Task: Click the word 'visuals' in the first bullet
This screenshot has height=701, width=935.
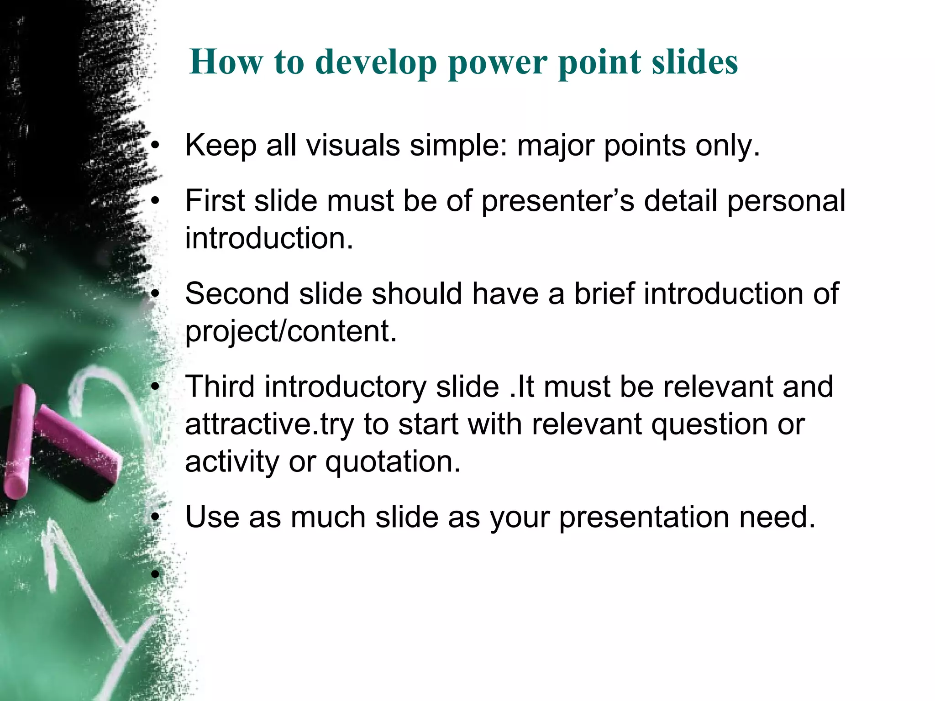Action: tap(353, 146)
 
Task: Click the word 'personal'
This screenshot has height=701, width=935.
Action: tap(786, 201)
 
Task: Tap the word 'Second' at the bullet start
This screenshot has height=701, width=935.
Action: tap(237, 293)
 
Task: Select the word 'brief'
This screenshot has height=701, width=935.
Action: tap(604, 293)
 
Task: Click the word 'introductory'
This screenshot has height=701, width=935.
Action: tap(345, 387)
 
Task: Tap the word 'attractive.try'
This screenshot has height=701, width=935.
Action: tap(269, 424)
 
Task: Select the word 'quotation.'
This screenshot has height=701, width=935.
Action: tap(393, 462)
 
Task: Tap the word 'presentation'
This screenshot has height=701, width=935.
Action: tap(644, 518)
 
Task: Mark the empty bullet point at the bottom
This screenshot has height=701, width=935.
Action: tap(155, 573)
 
